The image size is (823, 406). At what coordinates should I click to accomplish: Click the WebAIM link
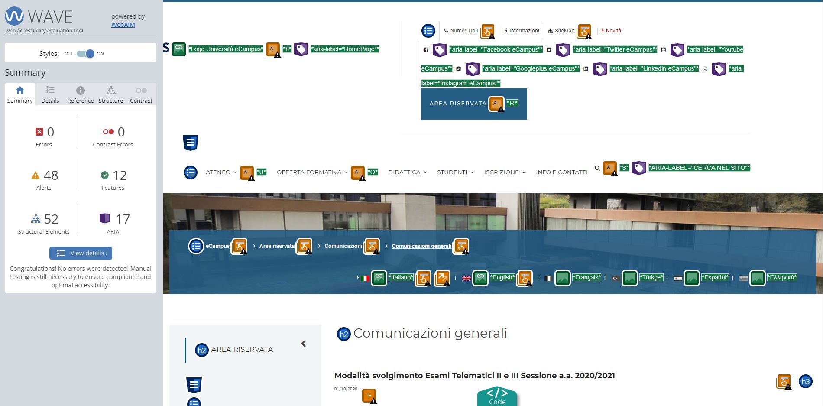123,25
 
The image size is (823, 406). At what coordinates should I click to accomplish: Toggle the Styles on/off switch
85,54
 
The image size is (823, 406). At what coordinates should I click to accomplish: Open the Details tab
50,95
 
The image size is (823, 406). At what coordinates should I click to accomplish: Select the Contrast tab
141,95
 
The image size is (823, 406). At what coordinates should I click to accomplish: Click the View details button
81,253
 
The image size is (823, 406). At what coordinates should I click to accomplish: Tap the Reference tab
81,95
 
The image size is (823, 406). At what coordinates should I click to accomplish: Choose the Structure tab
111,95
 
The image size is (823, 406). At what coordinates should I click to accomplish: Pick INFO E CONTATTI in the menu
561,172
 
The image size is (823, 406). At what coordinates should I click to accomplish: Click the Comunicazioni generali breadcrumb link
421,246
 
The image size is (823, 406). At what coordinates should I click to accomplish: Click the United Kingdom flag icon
467,278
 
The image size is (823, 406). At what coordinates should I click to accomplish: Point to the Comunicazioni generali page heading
430,333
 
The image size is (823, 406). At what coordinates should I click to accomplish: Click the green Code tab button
497,396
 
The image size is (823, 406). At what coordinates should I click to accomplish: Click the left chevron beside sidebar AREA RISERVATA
304,344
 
